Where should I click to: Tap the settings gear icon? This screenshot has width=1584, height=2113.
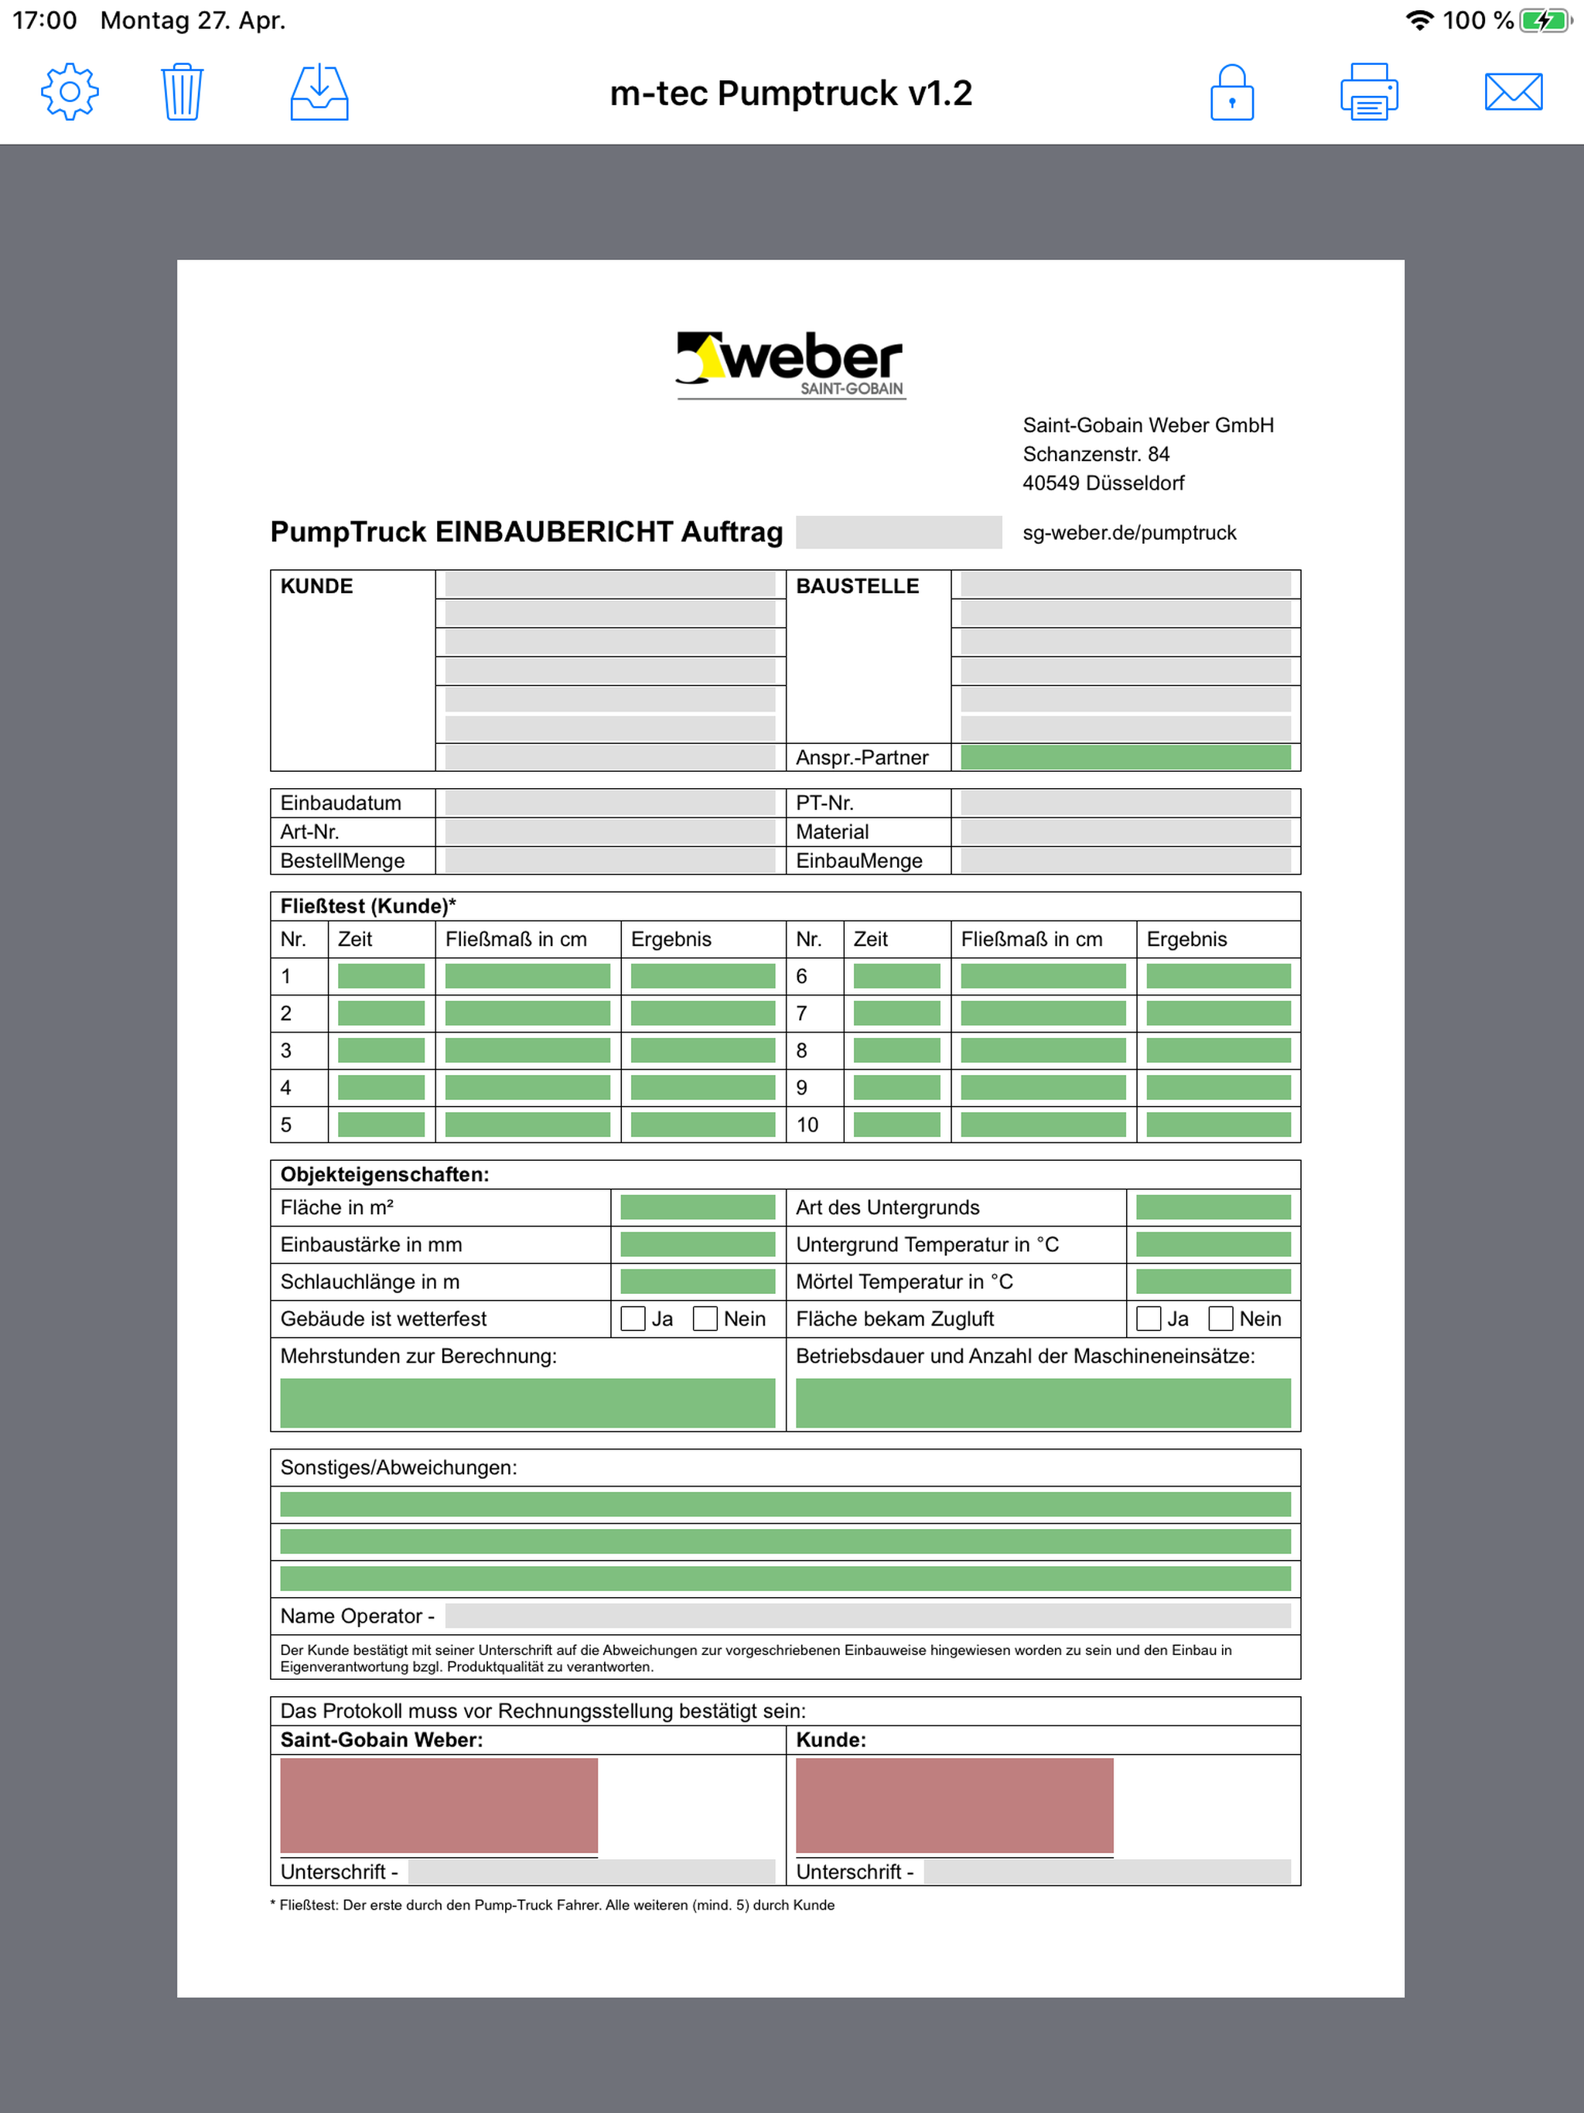[x=69, y=93]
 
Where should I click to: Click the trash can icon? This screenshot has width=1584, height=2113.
[x=182, y=93]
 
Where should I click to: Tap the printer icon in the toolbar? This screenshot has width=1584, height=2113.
[x=1368, y=93]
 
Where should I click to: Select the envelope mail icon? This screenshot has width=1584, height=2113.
[x=1514, y=93]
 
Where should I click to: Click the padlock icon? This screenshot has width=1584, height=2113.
[x=1231, y=93]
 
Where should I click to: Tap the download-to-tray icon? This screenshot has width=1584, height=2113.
[x=319, y=93]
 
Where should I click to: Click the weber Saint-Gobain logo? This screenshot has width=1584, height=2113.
[x=791, y=364]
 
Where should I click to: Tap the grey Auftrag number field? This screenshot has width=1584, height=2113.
[x=898, y=532]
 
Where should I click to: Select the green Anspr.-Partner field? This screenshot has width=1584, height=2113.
[x=1125, y=757]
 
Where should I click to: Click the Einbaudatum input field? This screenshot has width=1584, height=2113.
[x=609, y=804]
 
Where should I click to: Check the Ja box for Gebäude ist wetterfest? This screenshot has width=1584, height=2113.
[x=633, y=1319]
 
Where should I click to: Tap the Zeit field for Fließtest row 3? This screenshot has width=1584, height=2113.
[x=381, y=1051]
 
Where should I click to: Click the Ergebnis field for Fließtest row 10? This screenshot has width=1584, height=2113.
[x=1217, y=1125]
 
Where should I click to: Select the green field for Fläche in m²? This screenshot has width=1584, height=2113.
[x=698, y=1207]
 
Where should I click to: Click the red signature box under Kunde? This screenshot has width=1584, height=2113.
[x=954, y=1805]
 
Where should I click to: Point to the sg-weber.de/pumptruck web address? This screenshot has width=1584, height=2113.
[x=1128, y=533]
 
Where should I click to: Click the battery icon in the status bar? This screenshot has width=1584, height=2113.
[x=1544, y=21]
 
